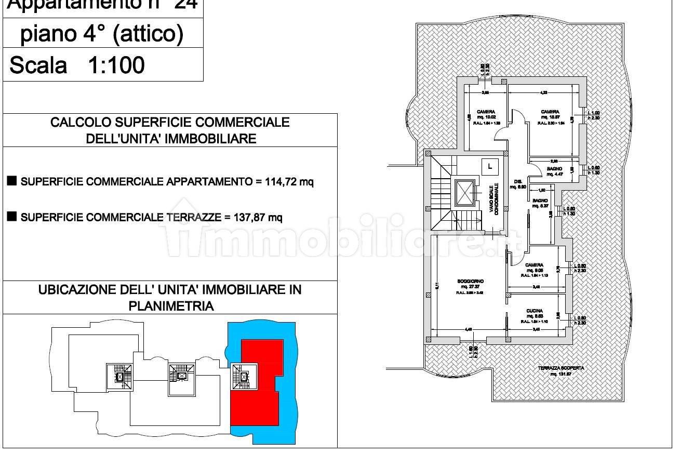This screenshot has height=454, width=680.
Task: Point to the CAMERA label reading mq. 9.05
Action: tap(534, 265)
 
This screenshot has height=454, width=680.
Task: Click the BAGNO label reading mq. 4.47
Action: tap(554, 169)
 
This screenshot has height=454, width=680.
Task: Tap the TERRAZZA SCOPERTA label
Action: tap(561, 368)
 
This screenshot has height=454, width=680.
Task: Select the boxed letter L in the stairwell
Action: tap(489, 166)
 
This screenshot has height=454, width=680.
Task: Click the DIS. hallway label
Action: tap(517, 182)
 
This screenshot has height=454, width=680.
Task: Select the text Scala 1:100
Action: tap(77, 66)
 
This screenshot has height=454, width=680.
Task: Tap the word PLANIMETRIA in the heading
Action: tap(171, 306)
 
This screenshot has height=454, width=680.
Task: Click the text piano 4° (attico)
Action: tap(102, 34)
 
